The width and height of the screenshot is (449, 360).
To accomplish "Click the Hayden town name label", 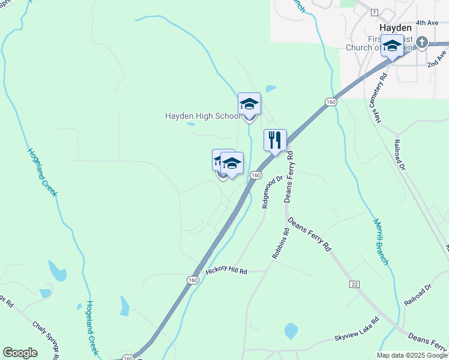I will pyautogui.click(x=396, y=28).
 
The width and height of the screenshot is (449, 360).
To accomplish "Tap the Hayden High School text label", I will pyautogui.click(x=203, y=116).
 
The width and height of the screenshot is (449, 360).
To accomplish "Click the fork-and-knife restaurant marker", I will pyautogui.click(x=275, y=140).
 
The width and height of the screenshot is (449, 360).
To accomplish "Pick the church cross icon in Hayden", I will pyautogui.click(x=422, y=42).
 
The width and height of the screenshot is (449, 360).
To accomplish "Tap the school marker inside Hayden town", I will pyautogui.click(x=392, y=46).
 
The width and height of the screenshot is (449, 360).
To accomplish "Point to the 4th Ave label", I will pyautogui.click(x=427, y=23).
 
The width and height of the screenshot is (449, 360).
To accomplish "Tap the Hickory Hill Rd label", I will pyautogui.click(x=226, y=271).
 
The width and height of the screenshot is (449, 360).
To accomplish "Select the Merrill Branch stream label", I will pyautogui.click(x=381, y=241).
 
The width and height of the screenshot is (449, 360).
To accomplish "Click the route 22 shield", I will pyautogui.click(x=354, y=281).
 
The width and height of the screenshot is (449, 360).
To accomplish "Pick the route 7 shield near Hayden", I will pyautogui.click(x=374, y=12).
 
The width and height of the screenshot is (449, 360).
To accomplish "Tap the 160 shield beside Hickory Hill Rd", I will pyautogui.click(x=192, y=280).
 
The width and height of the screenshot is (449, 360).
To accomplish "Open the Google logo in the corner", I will pyautogui.click(x=20, y=353).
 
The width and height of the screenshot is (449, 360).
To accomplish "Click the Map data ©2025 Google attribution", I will pyautogui.click(x=412, y=355).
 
